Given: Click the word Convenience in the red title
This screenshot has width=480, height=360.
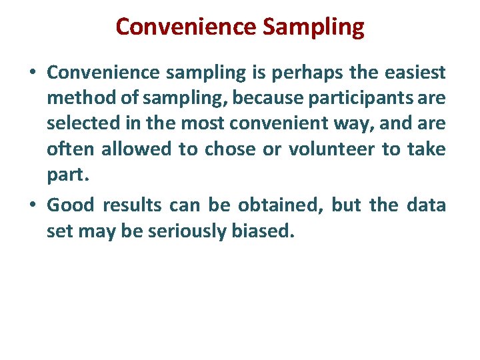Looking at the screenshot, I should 186,27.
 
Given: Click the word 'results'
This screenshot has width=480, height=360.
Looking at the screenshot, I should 132,205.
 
